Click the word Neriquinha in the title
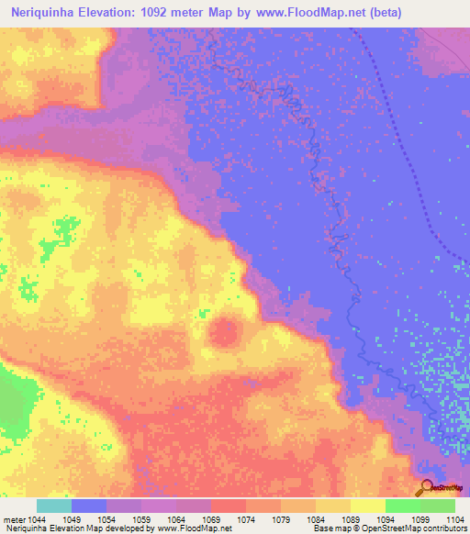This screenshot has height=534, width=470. pos(47,13)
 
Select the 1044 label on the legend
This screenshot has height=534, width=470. pos(38,520)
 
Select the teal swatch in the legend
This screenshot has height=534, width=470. pos(54,506)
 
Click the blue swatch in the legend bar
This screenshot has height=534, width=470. pos(89,506)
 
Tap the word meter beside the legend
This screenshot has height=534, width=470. pos(14,520)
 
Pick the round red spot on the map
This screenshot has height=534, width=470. pos(223,331)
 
